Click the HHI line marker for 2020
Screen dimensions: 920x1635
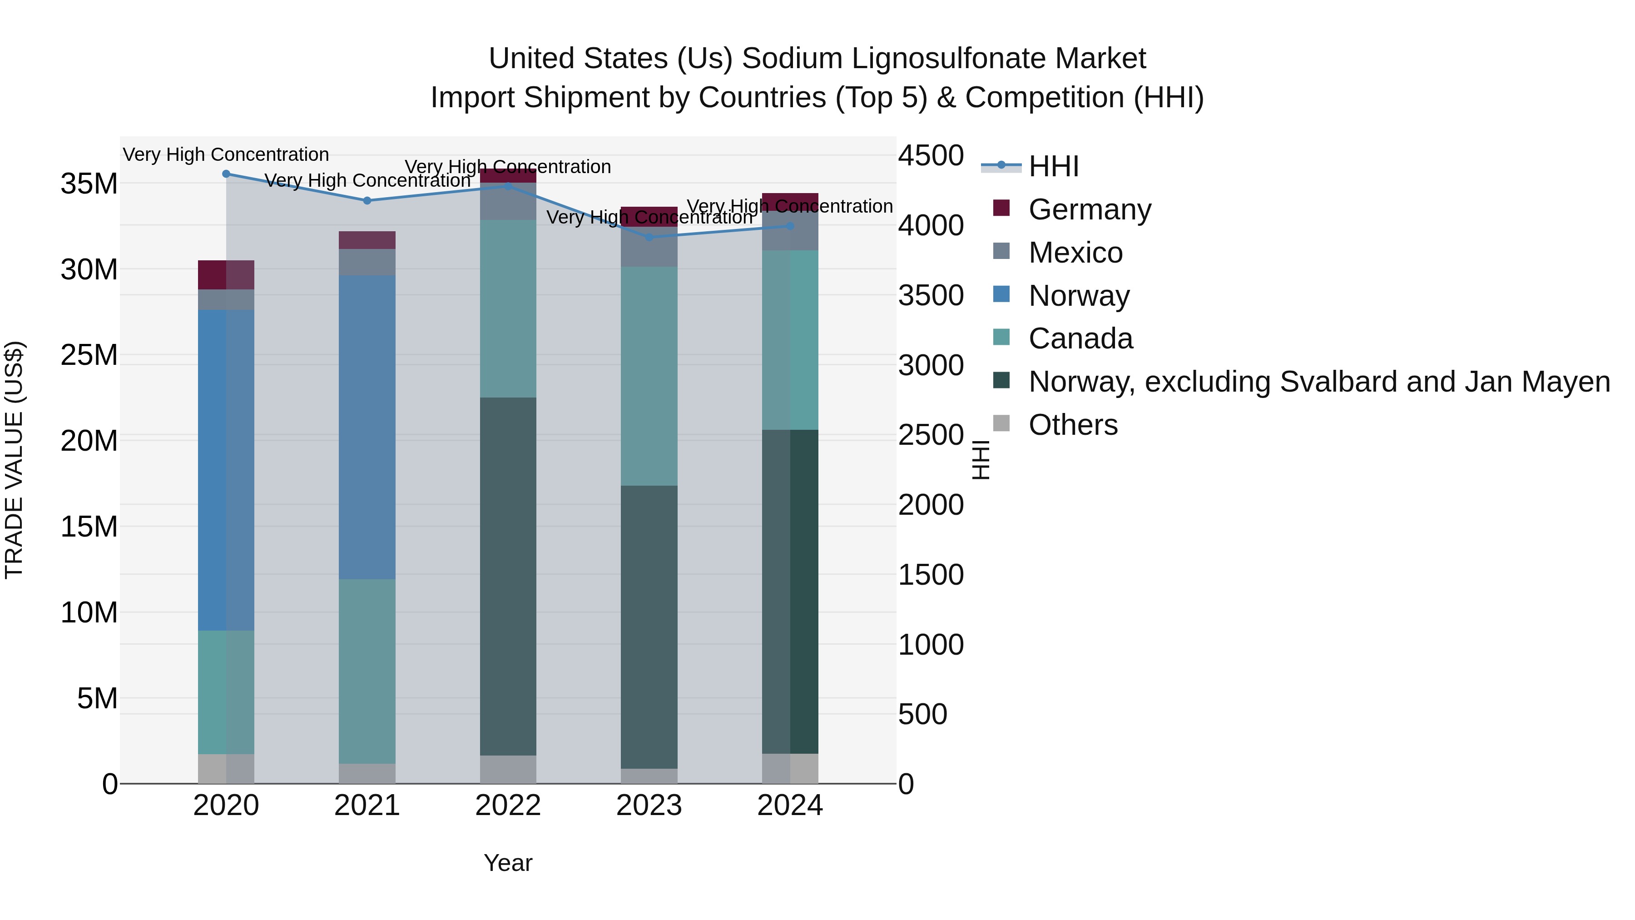226,174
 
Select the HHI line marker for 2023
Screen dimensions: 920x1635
649,238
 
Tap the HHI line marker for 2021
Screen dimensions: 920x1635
367,201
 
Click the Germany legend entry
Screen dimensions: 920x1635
1089,209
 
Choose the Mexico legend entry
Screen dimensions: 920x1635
1075,253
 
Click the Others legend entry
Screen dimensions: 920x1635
1073,425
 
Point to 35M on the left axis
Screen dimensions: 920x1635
89,184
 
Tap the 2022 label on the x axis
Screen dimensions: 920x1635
508,806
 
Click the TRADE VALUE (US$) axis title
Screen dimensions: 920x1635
14,460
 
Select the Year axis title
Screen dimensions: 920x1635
508,863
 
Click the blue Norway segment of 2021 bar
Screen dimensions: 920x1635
367,427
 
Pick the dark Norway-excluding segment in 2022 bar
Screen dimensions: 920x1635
508,576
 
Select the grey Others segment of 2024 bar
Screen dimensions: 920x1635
790,768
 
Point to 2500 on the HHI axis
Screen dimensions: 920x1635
931,436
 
